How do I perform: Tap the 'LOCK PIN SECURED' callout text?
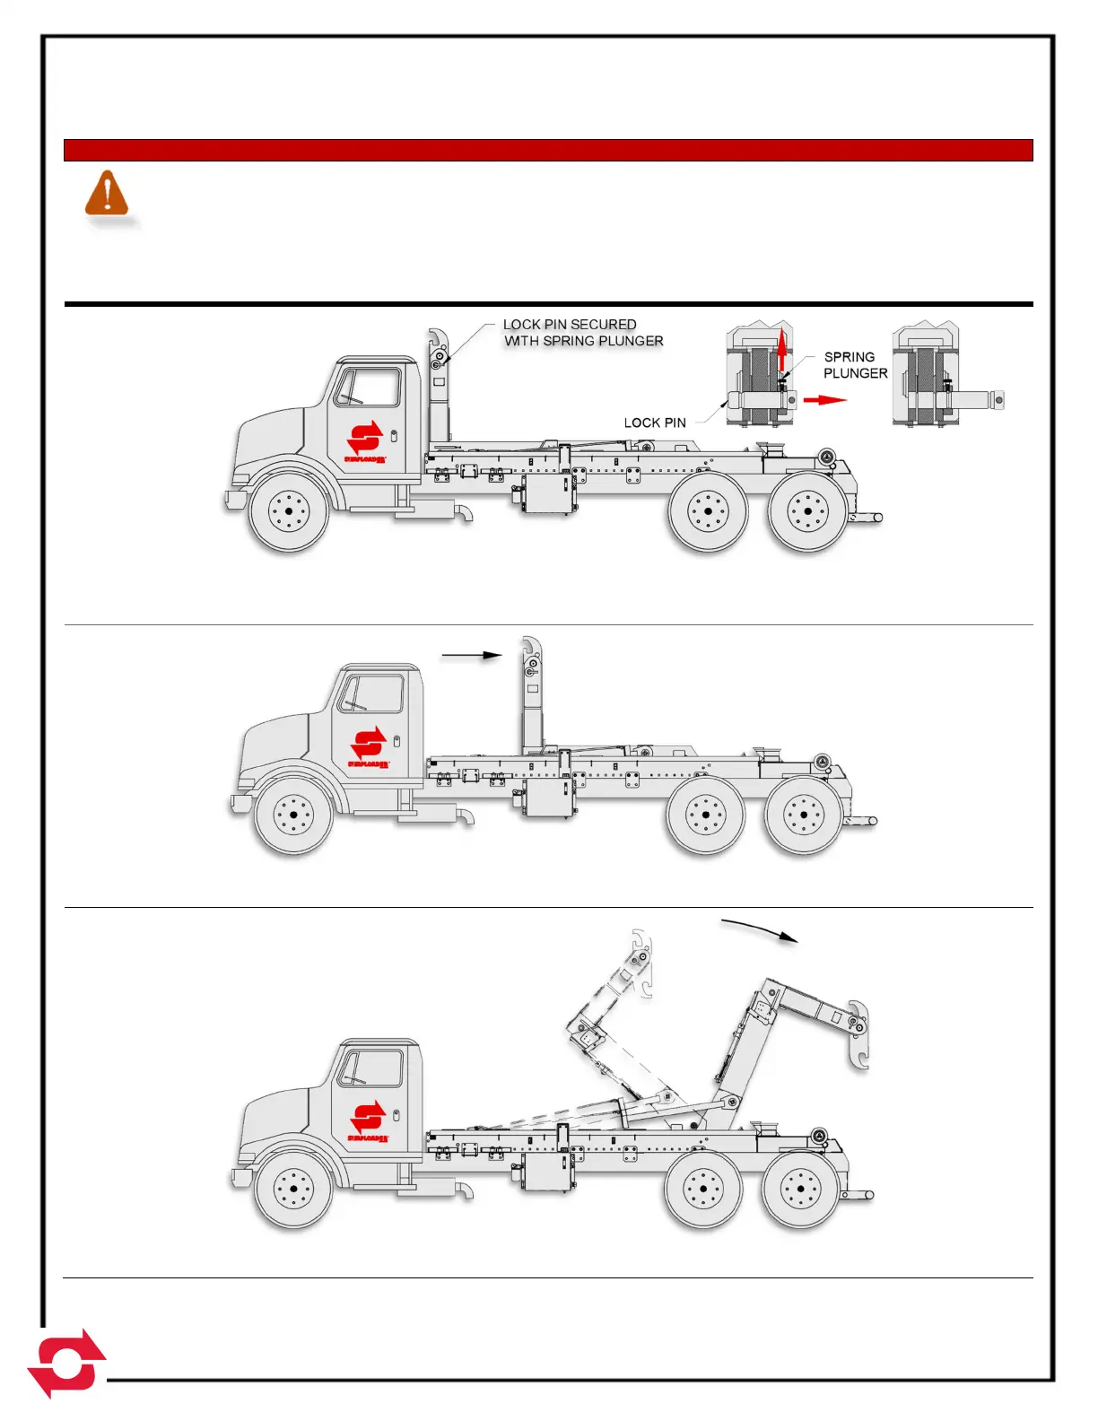point(570,325)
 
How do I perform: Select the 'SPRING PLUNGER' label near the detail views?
point(854,365)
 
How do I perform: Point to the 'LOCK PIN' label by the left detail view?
point(655,423)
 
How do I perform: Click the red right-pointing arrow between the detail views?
point(824,399)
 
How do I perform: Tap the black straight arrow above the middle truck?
point(472,656)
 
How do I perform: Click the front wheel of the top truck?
point(288,513)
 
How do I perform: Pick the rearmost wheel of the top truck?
point(807,511)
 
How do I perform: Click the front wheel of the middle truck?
point(293,815)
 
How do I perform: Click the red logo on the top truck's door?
point(365,440)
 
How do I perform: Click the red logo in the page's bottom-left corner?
point(66,1363)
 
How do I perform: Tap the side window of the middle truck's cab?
point(370,693)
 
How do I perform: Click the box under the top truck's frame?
point(545,494)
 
